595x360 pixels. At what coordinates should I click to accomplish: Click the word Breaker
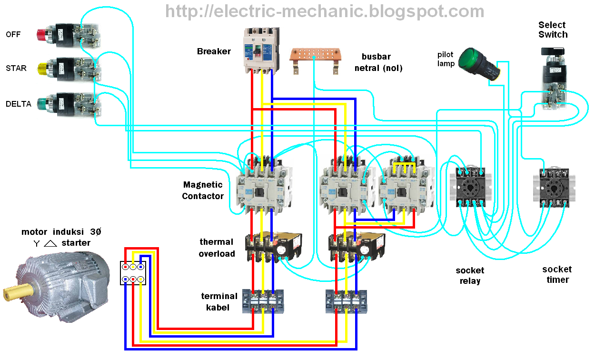214,51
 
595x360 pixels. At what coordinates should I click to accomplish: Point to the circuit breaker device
260,50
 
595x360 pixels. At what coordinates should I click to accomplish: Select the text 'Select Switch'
553,30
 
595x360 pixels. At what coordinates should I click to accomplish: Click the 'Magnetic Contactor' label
202,190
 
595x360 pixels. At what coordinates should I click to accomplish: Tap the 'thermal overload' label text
217,248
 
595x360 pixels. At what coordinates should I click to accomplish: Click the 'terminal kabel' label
219,302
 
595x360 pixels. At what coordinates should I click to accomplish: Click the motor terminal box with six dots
133,273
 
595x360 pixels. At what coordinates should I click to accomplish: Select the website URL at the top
325,11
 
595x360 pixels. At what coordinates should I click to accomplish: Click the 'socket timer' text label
557,275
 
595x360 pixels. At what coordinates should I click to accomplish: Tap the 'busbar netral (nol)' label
378,62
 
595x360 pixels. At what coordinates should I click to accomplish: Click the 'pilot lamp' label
446,59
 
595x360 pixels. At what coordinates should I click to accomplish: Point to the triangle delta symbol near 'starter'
50,243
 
